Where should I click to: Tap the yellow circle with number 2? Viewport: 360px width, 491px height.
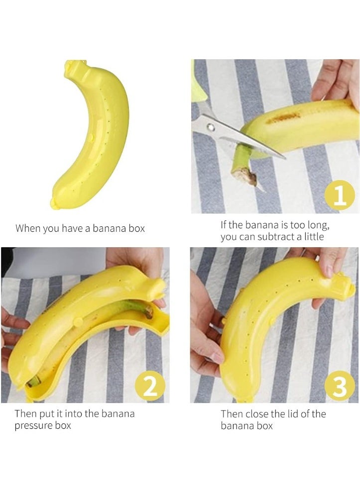pos(150,386)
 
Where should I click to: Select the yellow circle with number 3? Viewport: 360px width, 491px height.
pos(340,386)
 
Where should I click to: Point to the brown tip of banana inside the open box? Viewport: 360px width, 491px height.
pos(148,312)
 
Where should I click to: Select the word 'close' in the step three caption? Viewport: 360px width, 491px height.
pos(258,413)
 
